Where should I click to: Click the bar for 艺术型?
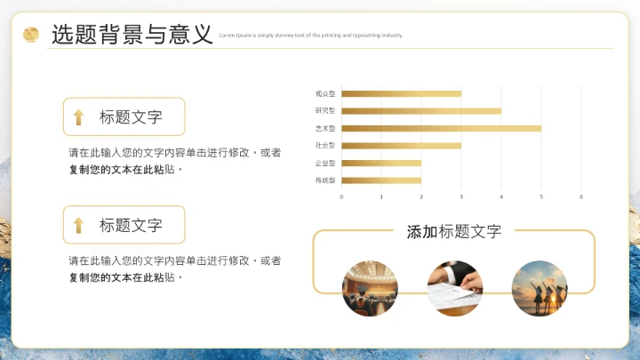(441, 128)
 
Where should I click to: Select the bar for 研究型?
(421, 111)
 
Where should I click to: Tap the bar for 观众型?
(401, 93)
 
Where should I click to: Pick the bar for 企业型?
(381, 163)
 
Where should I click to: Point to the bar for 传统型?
(381, 180)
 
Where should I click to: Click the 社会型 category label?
(324, 146)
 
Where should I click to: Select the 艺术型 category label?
(324, 129)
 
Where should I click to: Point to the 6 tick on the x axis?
(581, 196)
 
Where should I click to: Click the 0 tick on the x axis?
(341, 196)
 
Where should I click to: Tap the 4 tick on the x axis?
(501, 196)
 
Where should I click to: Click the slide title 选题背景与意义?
(132, 35)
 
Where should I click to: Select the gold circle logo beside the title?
(31, 35)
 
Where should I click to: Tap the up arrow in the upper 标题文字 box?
(78, 117)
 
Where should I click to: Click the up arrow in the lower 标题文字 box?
(78, 226)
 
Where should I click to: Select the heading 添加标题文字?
(453, 232)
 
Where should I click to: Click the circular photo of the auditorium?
(370, 288)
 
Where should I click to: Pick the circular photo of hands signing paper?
(454, 288)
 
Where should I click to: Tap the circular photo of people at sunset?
(539, 288)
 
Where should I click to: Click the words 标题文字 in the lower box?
(131, 226)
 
